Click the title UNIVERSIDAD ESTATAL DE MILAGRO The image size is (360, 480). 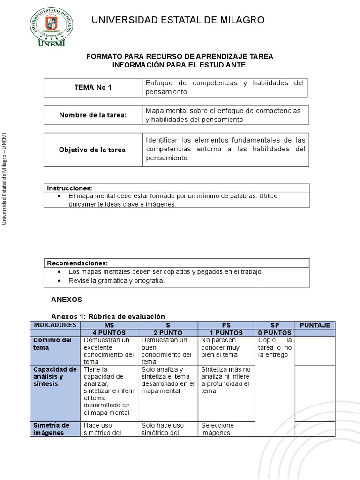[x=178, y=20]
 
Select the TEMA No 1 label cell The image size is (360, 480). [x=93, y=87]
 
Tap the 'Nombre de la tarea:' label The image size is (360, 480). [x=93, y=115]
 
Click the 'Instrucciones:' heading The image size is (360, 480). [x=70, y=188]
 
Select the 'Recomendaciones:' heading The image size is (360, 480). [x=77, y=263]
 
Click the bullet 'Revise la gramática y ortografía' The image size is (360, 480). [x=117, y=281]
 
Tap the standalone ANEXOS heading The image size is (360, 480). [x=66, y=299]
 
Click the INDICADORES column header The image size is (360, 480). [x=55, y=325]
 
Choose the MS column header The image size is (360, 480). [x=110, y=325]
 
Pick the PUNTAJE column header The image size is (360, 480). [x=315, y=325]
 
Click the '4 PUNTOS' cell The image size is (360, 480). [x=110, y=332]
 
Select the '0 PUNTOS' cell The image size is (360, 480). [x=274, y=332]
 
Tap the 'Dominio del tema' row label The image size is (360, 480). [x=55, y=344]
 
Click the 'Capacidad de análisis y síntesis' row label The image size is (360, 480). [x=55, y=376]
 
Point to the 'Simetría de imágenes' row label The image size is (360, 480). [x=52, y=429]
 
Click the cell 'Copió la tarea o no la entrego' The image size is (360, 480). [x=275, y=347]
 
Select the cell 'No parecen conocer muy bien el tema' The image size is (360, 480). [x=225, y=347]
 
